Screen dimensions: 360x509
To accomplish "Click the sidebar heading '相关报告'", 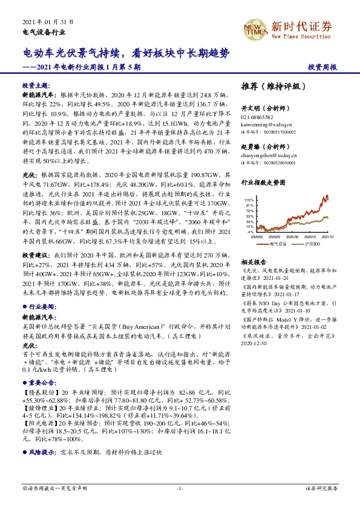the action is (x=254, y=262).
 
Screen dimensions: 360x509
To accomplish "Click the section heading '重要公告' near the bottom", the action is (x=38, y=381).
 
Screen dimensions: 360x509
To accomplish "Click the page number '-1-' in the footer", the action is (x=180, y=488).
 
